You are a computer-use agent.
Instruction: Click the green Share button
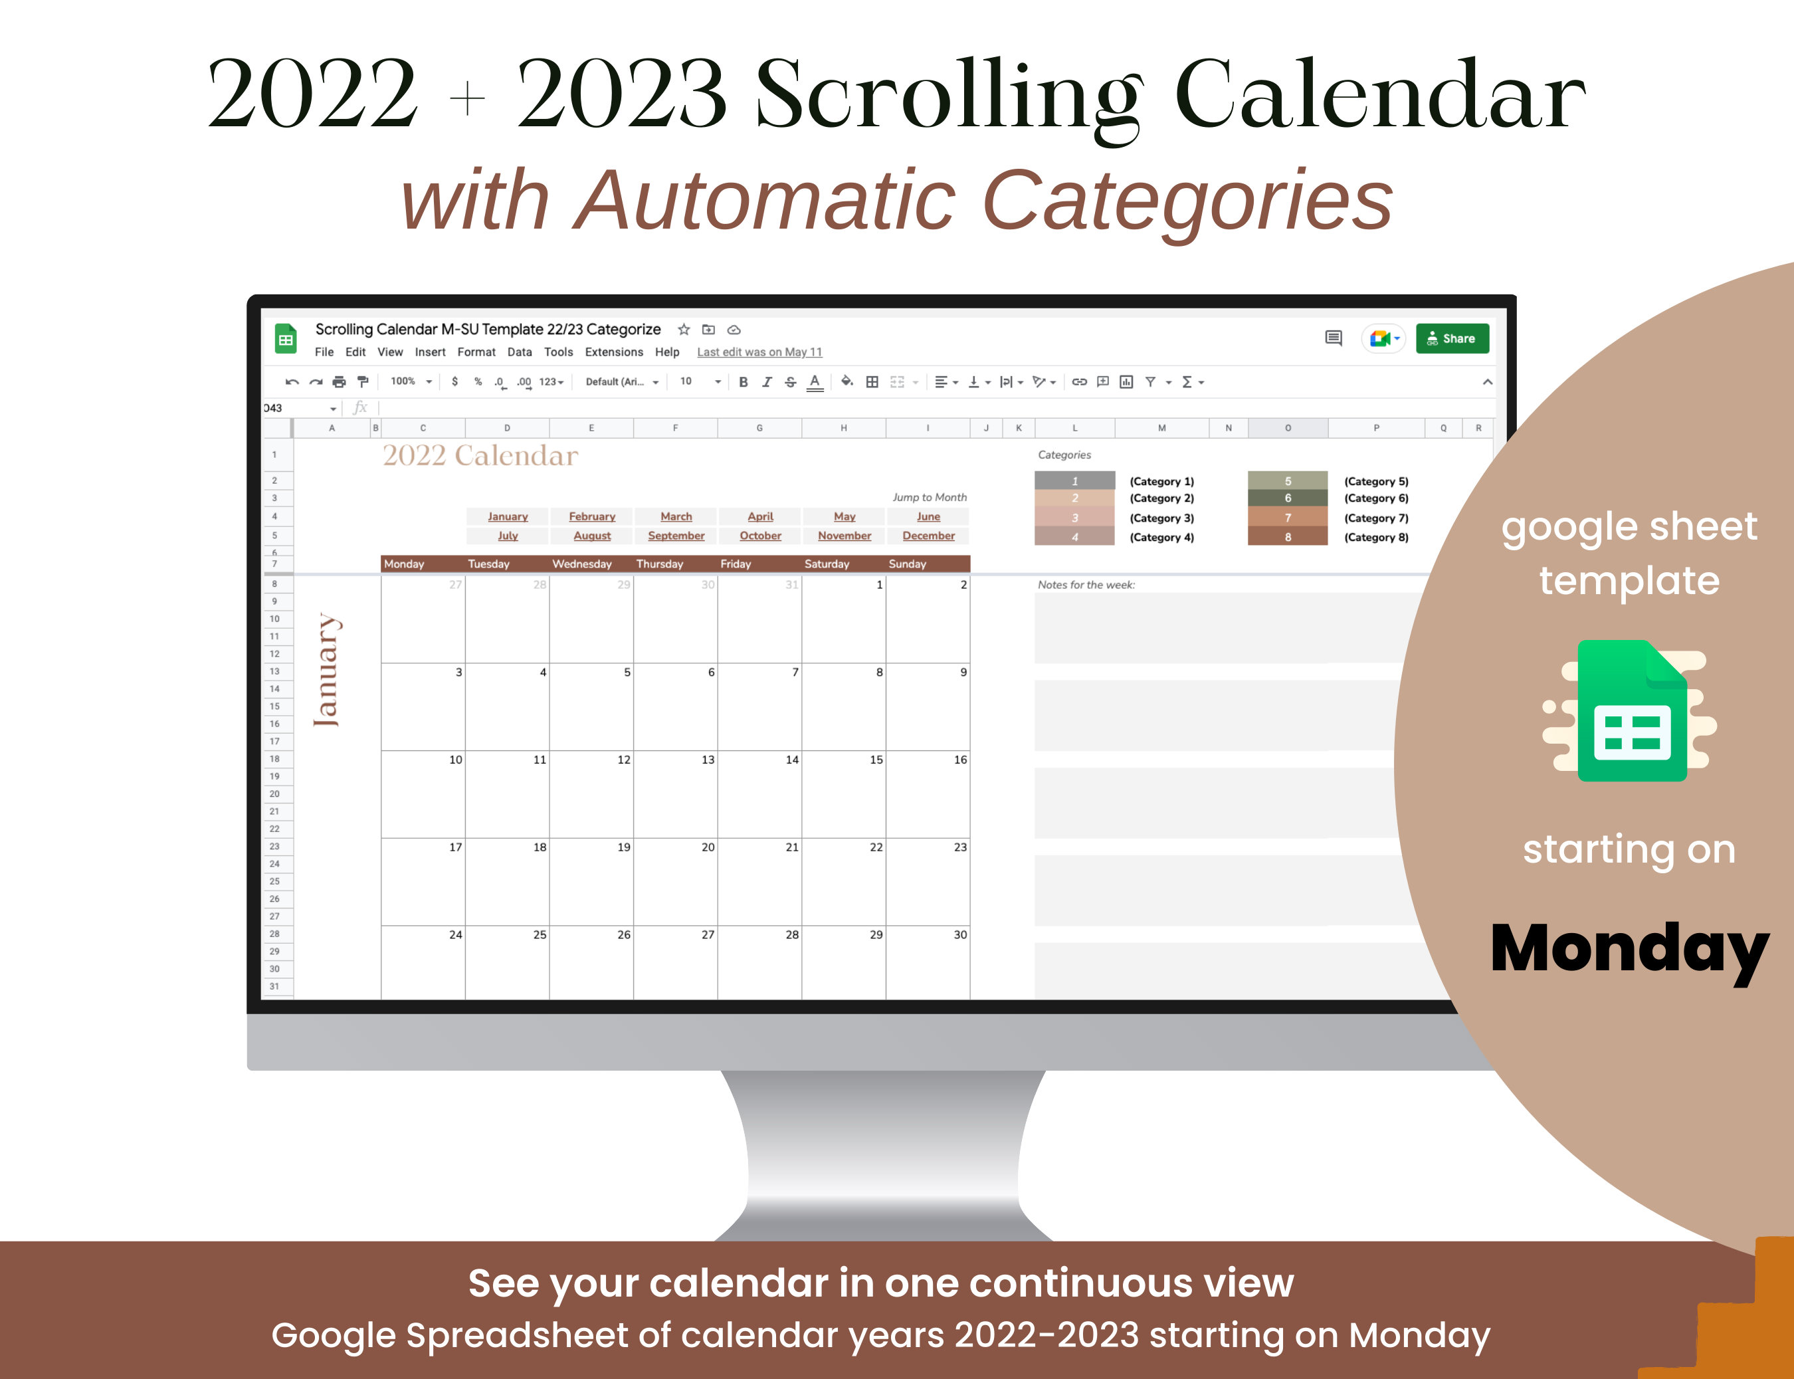pyautogui.click(x=1452, y=338)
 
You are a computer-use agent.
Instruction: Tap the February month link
pyautogui.click(x=592, y=516)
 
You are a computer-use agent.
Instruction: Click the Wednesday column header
pyautogui.click(x=582, y=564)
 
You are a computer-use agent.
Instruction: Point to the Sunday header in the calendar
pyautogui.click(x=907, y=564)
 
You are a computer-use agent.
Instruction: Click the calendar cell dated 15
pyautogui.click(x=844, y=794)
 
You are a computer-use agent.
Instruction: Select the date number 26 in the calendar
pyautogui.click(x=624, y=935)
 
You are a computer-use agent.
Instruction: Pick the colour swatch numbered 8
pyautogui.click(x=1288, y=537)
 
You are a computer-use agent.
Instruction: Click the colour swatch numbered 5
pyautogui.click(x=1288, y=481)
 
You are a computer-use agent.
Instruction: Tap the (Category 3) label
pyautogui.click(x=1161, y=518)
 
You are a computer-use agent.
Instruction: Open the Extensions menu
pyautogui.click(x=614, y=352)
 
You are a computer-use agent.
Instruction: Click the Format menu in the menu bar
pyautogui.click(x=476, y=352)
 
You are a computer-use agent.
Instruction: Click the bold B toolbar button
pyautogui.click(x=743, y=381)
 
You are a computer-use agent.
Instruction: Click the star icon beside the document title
pyautogui.click(x=684, y=329)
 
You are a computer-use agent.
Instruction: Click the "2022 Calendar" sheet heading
pyautogui.click(x=480, y=455)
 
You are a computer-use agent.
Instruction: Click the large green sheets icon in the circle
pyautogui.click(x=1631, y=711)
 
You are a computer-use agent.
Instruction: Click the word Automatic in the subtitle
pyautogui.click(x=765, y=199)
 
